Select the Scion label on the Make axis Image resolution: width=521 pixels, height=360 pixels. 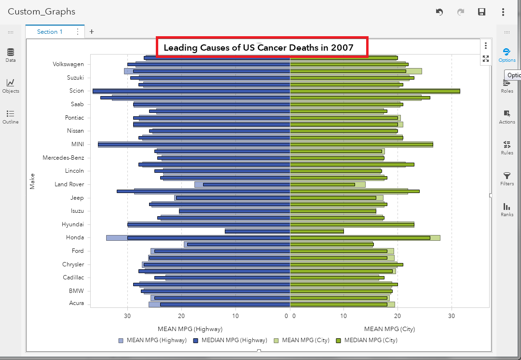point(76,91)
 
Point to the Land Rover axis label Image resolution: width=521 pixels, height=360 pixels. point(69,184)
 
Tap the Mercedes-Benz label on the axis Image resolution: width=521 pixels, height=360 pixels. point(63,158)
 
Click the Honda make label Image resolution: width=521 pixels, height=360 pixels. point(75,237)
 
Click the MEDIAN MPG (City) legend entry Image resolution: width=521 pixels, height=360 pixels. point(367,340)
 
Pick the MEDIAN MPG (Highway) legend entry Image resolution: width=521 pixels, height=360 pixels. point(230,340)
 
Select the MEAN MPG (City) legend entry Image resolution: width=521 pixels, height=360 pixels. point(302,340)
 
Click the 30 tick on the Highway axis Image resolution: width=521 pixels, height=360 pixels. point(127,316)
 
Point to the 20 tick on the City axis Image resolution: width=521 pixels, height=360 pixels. point(397,316)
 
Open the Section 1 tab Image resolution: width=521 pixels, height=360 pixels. point(50,32)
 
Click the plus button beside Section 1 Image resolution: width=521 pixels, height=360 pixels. point(92,32)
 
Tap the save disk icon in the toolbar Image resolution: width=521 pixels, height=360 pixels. point(481,12)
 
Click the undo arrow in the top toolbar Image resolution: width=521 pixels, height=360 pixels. point(439,12)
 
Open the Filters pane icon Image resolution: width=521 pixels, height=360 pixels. point(507,178)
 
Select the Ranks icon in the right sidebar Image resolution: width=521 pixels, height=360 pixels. point(507,209)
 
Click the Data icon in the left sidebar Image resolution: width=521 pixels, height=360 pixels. point(11,55)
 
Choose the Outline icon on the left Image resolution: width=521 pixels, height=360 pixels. point(11,116)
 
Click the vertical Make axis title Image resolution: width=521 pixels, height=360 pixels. point(32,181)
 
